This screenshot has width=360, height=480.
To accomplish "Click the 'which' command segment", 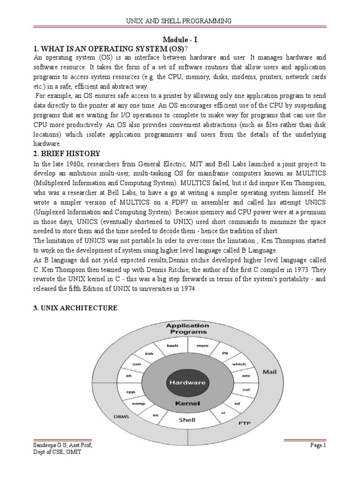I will coord(239,364).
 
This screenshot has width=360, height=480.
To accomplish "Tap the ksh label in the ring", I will coord(149,354).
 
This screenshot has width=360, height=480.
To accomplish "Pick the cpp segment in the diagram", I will coord(131,391).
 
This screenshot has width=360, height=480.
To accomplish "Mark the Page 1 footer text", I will coord(317,445).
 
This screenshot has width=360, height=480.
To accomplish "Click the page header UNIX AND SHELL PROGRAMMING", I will coord(180,21).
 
